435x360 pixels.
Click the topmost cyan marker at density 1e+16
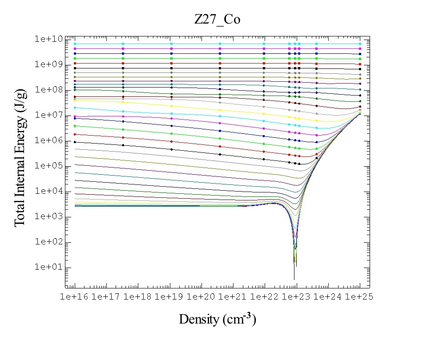pos(75,44)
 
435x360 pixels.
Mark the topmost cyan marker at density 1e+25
pos(360,44)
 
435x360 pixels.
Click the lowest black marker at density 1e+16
pos(75,142)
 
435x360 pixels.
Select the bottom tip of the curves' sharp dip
pos(294,279)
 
